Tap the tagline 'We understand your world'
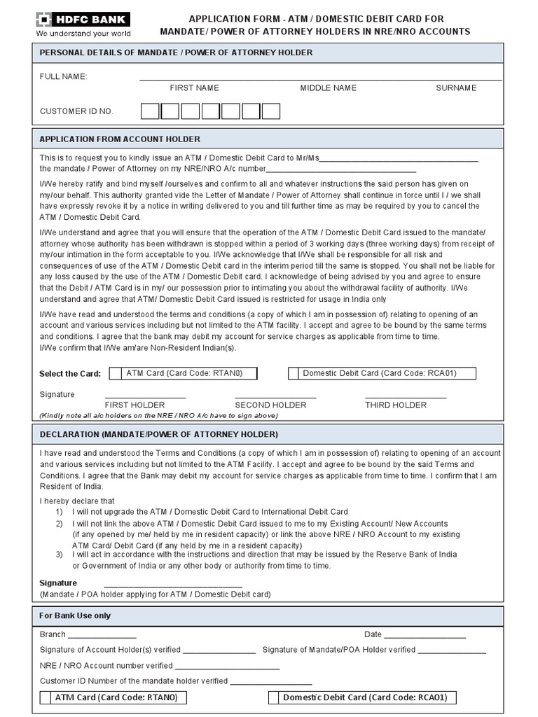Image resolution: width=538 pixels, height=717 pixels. coord(83,33)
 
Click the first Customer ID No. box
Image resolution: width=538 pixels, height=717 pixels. coord(150,111)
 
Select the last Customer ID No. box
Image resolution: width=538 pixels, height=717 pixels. coord(271,111)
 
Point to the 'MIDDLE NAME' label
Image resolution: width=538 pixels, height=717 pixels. coord(328,88)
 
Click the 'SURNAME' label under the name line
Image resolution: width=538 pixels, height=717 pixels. coord(456,88)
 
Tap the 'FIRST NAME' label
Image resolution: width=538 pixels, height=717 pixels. coord(194,88)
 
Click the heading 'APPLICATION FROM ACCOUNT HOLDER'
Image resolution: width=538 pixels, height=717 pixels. coord(120,139)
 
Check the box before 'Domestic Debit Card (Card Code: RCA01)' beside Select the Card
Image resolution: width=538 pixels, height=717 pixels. coord(294,373)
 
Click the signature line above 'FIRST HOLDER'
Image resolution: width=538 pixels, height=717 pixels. coord(145,397)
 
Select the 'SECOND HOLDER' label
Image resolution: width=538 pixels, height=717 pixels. coord(270,405)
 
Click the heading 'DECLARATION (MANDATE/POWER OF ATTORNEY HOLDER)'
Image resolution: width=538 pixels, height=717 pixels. coord(159,435)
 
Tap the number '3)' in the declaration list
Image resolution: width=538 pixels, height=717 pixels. coord(60,554)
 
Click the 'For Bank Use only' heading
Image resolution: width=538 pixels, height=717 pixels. coord(75,616)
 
